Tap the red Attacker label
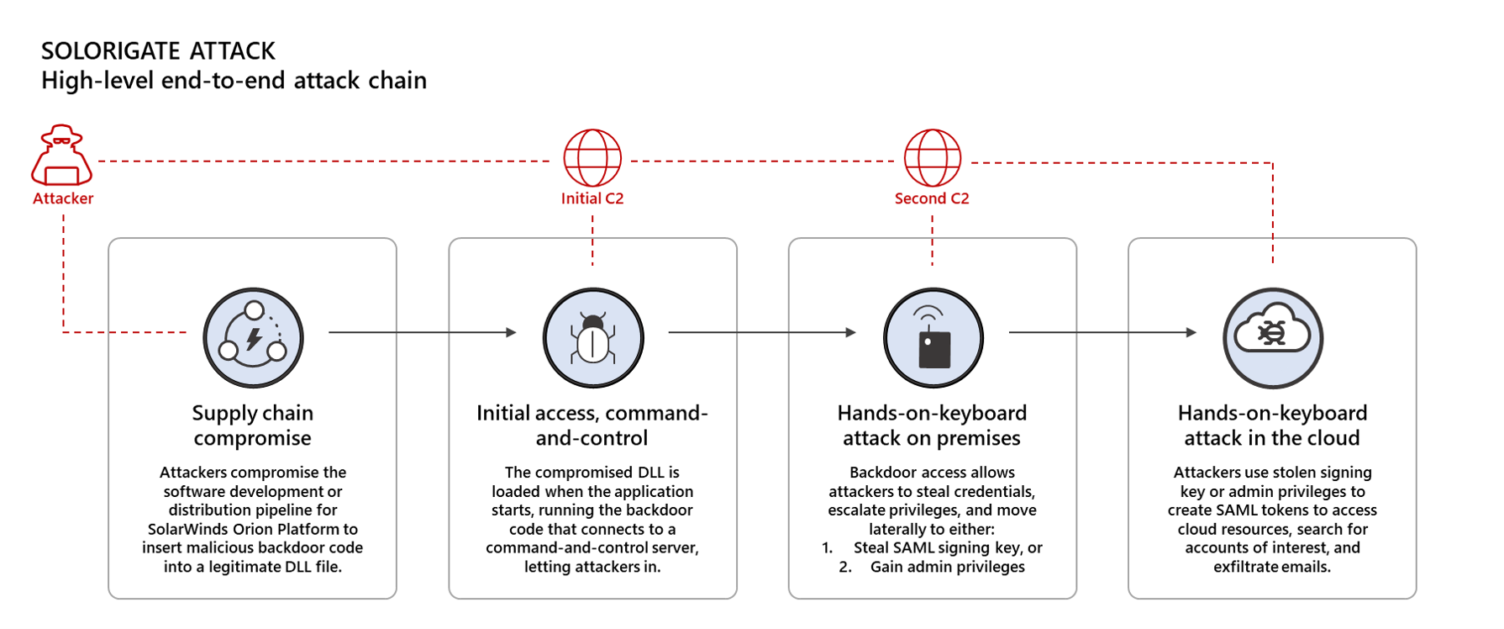pos(63,198)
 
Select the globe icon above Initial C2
pos(592,157)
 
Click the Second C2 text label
pos(932,198)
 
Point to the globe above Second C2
pos(932,157)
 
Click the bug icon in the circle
pos(592,338)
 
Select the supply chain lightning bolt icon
pos(253,338)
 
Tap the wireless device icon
pos(933,338)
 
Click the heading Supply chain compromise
pos(252,425)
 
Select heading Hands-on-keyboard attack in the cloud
pos(1272,425)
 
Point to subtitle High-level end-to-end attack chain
pos(234,81)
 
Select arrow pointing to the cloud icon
pos(1102,332)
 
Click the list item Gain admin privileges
pos(947,567)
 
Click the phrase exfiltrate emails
pos(1272,567)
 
